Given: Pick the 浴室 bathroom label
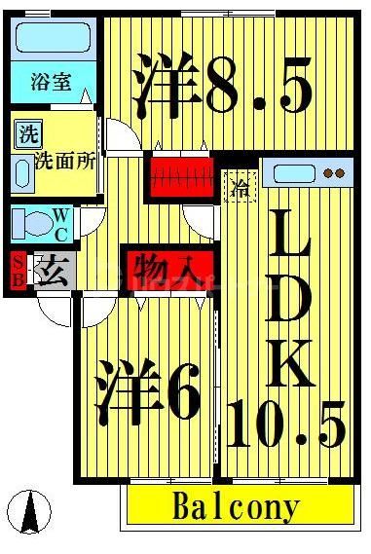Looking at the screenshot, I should pyautogui.click(x=49, y=82).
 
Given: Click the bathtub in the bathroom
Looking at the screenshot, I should pyautogui.click(x=54, y=40).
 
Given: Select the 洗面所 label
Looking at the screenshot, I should pyautogui.click(x=65, y=162).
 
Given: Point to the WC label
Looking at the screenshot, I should pyautogui.click(x=60, y=223).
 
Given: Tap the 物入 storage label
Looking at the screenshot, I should pyautogui.click(x=162, y=264).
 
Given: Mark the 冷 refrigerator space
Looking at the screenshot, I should pyautogui.click(x=240, y=185).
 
